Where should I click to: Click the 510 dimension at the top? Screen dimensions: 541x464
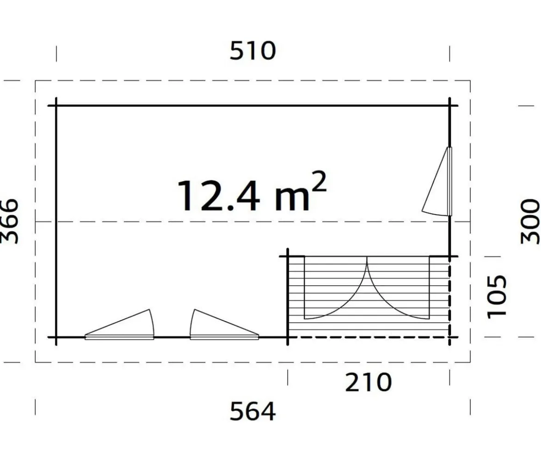[x=253, y=51]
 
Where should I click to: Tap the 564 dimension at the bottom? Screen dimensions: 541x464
[x=253, y=411]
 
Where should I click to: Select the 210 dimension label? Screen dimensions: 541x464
[x=369, y=382]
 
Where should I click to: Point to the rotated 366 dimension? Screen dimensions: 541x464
[x=9, y=221]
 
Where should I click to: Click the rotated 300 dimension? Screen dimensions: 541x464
[x=530, y=221]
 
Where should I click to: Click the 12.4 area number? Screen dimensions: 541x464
[x=218, y=196]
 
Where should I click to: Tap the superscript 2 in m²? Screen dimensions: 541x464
[x=319, y=181]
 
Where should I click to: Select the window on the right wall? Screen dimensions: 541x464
[x=437, y=181]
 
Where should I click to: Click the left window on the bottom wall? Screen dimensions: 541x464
[x=119, y=324]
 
